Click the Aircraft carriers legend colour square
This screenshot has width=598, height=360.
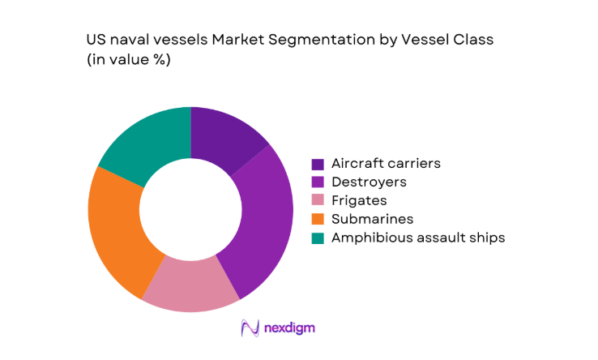coord(318,164)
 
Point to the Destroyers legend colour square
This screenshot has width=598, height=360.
coord(318,182)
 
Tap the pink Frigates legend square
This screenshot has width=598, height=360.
coord(318,201)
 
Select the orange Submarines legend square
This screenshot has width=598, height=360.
coord(318,220)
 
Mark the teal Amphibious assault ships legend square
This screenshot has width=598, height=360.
coord(318,238)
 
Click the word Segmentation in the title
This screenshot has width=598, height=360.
coord(317,39)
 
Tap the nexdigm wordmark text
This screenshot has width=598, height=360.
coord(289,328)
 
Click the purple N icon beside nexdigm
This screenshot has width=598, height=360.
coord(250,328)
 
